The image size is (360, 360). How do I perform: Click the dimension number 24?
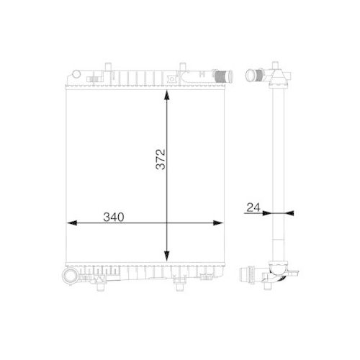(252, 207)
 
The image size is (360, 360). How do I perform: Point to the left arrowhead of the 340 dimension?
(71, 222)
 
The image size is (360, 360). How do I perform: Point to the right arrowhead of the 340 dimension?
(220, 222)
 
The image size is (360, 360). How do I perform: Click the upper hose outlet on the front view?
(222, 73)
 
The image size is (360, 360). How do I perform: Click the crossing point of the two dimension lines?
(167, 222)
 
